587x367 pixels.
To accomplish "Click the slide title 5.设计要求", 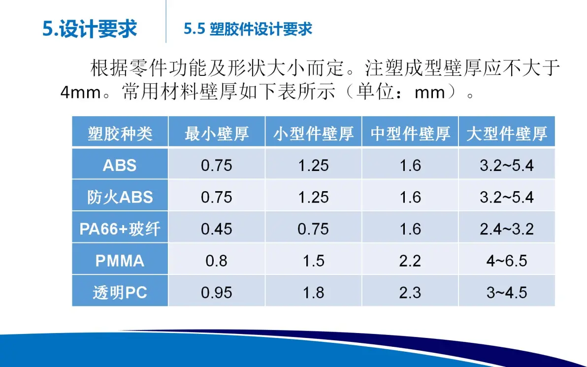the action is click(x=90, y=29).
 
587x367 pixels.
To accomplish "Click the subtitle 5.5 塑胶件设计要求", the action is click(x=248, y=29).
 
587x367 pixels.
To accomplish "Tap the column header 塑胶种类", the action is click(x=120, y=133).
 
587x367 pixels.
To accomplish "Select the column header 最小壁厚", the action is click(x=217, y=133).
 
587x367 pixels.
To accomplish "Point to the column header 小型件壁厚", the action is click(x=314, y=133).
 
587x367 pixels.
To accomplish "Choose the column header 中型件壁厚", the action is click(x=410, y=133).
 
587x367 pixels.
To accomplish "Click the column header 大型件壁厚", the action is click(x=507, y=133).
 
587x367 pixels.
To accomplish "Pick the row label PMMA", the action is click(x=120, y=261).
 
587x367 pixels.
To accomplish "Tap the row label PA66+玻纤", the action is click(x=120, y=229).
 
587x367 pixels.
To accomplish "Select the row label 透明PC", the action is click(x=120, y=293).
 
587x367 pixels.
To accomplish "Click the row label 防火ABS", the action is click(x=120, y=197).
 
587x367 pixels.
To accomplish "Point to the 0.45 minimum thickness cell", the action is click(x=217, y=229).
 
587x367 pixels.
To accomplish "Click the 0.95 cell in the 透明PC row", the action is click(x=217, y=293).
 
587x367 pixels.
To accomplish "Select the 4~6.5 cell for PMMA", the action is click(x=507, y=261).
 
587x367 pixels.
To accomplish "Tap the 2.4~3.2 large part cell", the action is click(x=507, y=229).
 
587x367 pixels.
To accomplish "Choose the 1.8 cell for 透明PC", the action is click(x=314, y=293).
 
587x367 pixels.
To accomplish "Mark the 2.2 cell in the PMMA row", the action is click(x=410, y=261).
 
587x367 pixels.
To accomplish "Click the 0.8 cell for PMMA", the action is click(x=217, y=261).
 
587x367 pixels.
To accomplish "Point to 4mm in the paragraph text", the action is click(x=81, y=93).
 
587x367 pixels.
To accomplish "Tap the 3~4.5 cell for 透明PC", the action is click(x=507, y=293).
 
